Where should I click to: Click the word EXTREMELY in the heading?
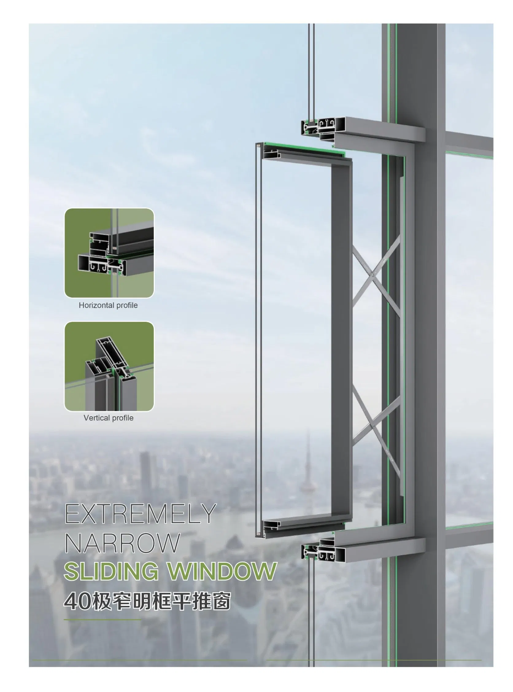pyautogui.click(x=140, y=514)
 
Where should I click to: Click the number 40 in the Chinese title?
pyautogui.click(x=77, y=601)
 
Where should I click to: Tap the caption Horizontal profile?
pyautogui.click(x=108, y=305)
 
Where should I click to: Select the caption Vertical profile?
pyautogui.click(x=108, y=418)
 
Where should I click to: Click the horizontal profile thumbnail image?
pyautogui.click(x=109, y=253)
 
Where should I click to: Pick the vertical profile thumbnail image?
pyautogui.click(x=109, y=366)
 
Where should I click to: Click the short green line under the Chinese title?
pyautogui.click(x=102, y=620)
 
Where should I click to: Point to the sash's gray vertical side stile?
pyautogui.click(x=341, y=339)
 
